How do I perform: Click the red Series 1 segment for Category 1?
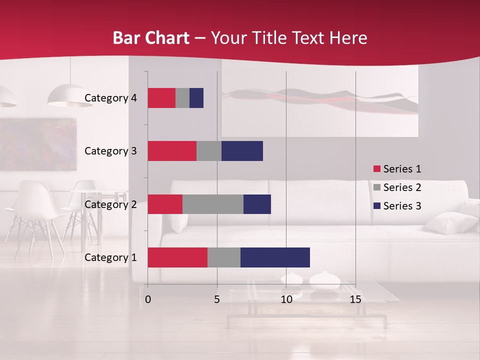tap(177, 257)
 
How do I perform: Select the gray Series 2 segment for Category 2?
tap(213, 204)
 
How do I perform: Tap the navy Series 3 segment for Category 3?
tap(242, 151)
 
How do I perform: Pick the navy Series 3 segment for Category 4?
tap(196, 98)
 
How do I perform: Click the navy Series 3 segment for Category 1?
tap(275, 257)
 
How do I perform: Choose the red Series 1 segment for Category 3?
tap(172, 151)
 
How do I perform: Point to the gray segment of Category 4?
tap(182, 98)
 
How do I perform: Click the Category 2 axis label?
tap(110, 204)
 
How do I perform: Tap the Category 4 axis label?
tap(110, 98)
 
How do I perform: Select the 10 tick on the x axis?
tap(286, 299)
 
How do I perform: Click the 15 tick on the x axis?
tap(355, 299)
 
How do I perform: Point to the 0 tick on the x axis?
tap(148, 299)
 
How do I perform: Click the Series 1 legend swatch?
tap(376, 169)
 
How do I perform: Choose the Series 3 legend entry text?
tap(402, 206)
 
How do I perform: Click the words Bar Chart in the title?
tap(151, 38)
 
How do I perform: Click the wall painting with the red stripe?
tap(320, 100)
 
